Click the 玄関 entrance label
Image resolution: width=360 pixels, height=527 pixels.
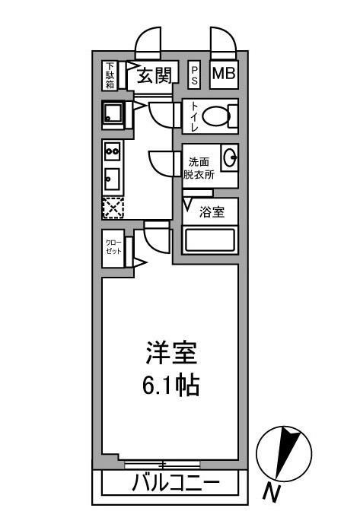click(155, 75)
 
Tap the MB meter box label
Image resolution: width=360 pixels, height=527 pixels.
click(224, 74)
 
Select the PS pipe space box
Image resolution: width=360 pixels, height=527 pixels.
click(194, 75)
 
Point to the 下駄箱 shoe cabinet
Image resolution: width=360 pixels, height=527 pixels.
click(110, 75)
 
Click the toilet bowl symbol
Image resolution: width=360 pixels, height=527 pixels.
click(216, 116)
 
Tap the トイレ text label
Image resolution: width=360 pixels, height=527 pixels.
click(194, 116)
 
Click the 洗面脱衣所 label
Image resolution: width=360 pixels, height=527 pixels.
click(199, 168)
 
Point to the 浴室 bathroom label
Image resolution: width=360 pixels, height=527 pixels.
click(212, 211)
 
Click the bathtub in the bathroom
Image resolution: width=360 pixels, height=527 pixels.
click(210, 240)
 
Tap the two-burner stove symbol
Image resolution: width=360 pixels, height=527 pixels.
click(113, 151)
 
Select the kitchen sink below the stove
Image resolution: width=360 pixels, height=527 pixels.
click(112, 179)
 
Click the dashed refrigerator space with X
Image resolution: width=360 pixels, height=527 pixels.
click(113, 208)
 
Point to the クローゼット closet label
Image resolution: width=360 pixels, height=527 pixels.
click(113, 247)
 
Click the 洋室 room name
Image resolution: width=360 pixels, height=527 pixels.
click(171, 353)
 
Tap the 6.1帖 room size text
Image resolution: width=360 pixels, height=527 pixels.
click(171, 385)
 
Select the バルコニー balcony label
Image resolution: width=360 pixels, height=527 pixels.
click(176, 484)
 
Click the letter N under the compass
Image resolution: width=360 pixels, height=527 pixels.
click(271, 493)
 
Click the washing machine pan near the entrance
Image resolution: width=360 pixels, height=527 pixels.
click(113, 113)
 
